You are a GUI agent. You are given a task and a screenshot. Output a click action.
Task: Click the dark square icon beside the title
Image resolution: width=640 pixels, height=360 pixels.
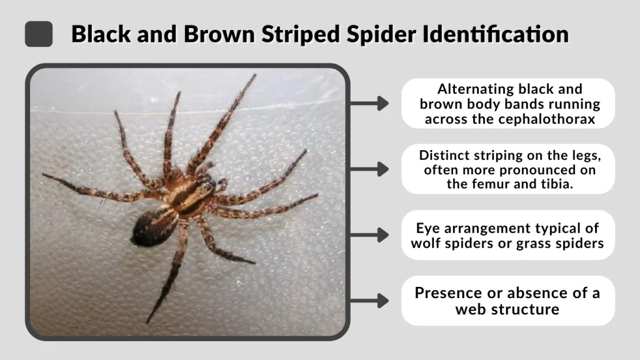click(39, 34)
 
